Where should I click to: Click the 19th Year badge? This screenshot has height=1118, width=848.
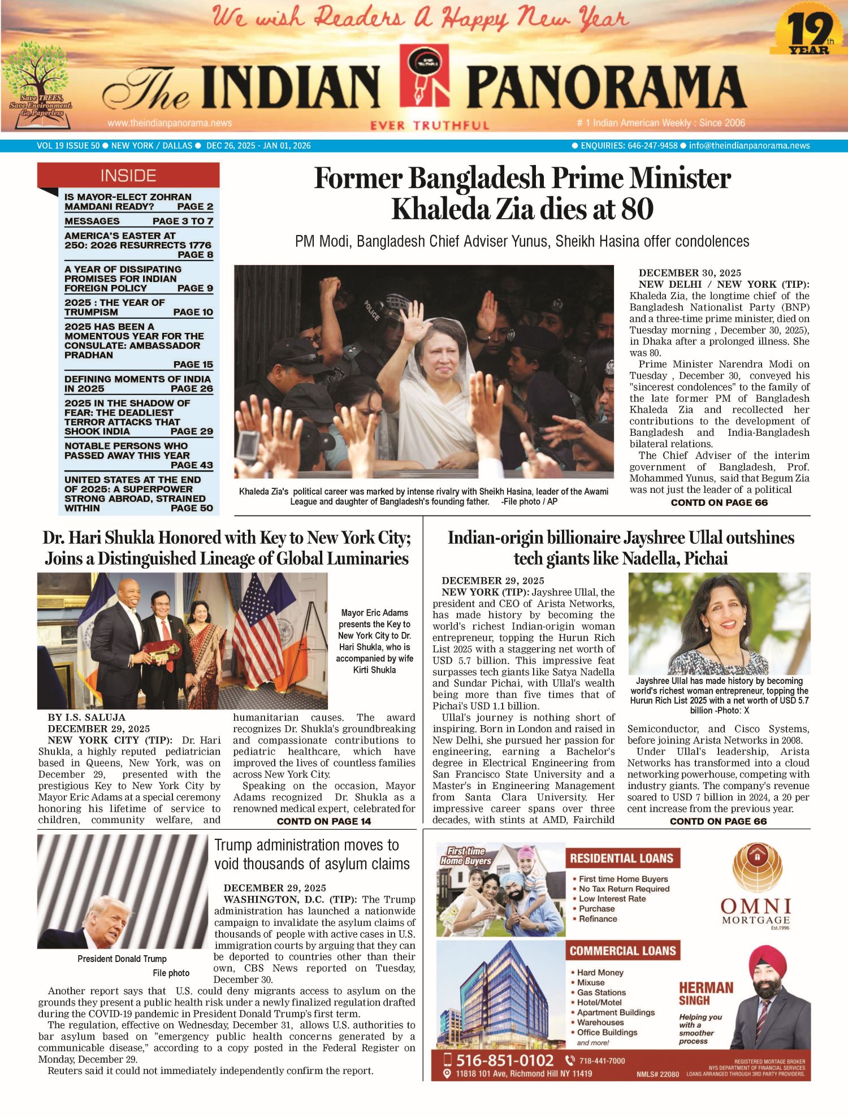(810, 32)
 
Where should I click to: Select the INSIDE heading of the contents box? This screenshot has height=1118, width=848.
(128, 176)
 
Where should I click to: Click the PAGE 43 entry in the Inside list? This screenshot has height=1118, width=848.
(192, 465)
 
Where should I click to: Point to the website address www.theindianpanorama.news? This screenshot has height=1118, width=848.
(170, 123)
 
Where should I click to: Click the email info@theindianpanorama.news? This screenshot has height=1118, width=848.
(749, 146)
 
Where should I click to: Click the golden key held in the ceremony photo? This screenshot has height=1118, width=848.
(163, 650)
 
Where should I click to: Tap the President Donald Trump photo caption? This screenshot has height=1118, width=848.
(122, 959)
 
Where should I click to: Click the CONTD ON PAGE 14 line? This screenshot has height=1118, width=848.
(323, 821)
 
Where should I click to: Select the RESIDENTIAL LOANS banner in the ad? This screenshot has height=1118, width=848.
(622, 859)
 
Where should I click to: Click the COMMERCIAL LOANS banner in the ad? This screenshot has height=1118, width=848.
(622, 951)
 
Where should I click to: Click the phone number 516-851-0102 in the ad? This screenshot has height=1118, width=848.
(504, 1060)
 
